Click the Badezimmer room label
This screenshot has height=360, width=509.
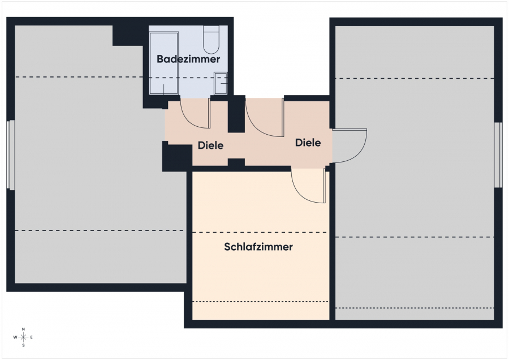tap(188, 59)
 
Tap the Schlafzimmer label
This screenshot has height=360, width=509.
tap(258, 247)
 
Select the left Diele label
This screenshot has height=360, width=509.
tap(211, 145)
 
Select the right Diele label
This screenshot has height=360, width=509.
tap(308, 143)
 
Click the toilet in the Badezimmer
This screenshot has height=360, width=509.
tap(212, 40)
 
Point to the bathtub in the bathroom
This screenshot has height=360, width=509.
tap(163, 63)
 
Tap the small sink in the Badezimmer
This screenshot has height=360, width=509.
tap(221, 84)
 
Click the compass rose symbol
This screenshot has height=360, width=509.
tap(23, 337)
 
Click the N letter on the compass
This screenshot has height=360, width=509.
tap(23, 329)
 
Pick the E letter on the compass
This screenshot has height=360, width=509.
tap(32, 337)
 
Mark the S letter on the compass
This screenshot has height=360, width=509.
tap(23, 345)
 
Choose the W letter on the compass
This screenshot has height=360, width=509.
tap(15, 337)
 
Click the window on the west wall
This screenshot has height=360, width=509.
tap(11, 155)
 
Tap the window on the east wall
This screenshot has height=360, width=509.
tap(498, 155)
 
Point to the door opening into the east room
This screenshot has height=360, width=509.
tap(350, 145)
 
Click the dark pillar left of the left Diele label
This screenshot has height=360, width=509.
tap(177, 157)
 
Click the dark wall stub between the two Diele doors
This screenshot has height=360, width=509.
tap(236, 114)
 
